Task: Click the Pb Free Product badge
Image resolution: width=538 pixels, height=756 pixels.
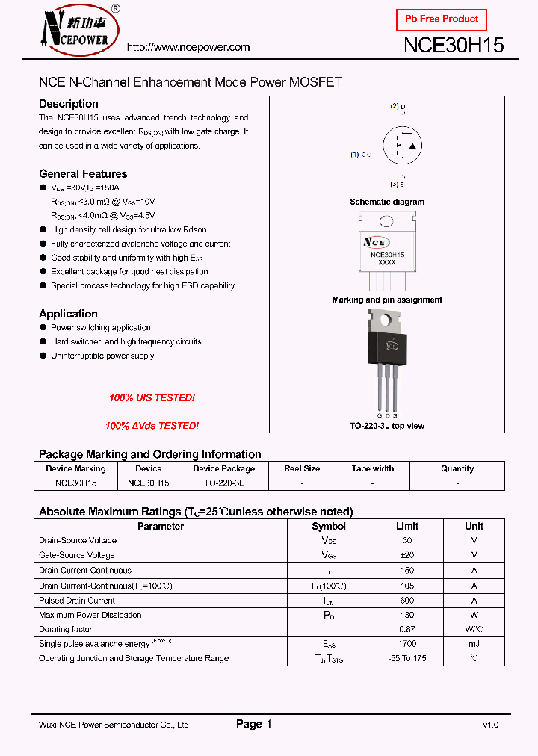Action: click(x=441, y=19)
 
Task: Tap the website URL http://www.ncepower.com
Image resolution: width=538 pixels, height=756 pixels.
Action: click(x=188, y=47)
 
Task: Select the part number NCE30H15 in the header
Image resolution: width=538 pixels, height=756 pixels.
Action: click(x=454, y=46)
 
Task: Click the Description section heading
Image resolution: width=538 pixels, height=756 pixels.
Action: click(x=69, y=104)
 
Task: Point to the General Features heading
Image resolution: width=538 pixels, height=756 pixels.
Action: click(x=83, y=174)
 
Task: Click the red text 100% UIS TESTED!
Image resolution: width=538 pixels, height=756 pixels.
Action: click(x=152, y=398)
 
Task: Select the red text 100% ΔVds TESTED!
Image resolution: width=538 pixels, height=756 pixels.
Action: click(x=152, y=426)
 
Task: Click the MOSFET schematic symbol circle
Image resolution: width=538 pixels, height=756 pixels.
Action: click(x=402, y=145)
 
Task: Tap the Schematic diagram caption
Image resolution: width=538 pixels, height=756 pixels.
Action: click(x=387, y=202)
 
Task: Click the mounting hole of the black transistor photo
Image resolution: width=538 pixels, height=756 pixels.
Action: click(x=386, y=320)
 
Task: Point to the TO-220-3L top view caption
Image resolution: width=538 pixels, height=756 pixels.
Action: click(x=387, y=426)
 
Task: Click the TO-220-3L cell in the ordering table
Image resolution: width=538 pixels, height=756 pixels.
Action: click(x=223, y=483)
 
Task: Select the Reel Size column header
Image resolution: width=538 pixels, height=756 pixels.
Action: click(x=302, y=469)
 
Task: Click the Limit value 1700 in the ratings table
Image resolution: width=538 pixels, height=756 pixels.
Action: click(x=407, y=644)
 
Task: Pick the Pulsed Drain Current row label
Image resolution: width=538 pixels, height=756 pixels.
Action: click(x=77, y=601)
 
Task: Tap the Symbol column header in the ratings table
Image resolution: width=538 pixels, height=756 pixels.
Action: click(x=329, y=527)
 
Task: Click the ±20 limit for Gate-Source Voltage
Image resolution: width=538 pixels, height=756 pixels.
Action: click(x=407, y=555)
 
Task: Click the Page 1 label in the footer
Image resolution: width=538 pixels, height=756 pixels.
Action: click(x=254, y=724)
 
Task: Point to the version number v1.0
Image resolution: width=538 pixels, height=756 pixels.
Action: click(x=490, y=725)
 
